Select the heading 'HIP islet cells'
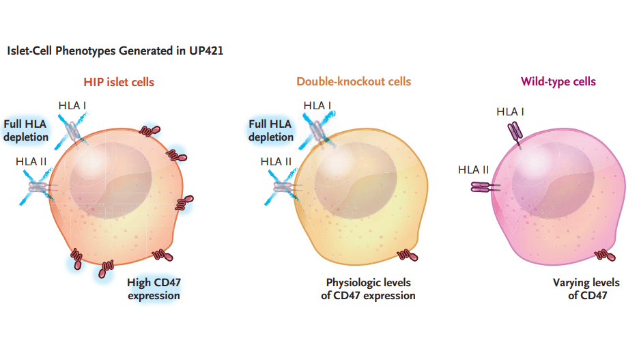click(x=119, y=82)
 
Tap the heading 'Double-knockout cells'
click(x=354, y=82)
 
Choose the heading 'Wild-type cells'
click(x=558, y=82)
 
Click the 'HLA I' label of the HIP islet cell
click(x=73, y=106)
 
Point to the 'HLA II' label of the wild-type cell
click(x=474, y=170)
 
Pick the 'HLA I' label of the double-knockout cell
click(x=317, y=106)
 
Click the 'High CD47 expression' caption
click(x=154, y=288)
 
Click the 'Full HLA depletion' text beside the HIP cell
click(x=26, y=130)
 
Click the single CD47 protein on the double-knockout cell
click(x=409, y=255)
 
